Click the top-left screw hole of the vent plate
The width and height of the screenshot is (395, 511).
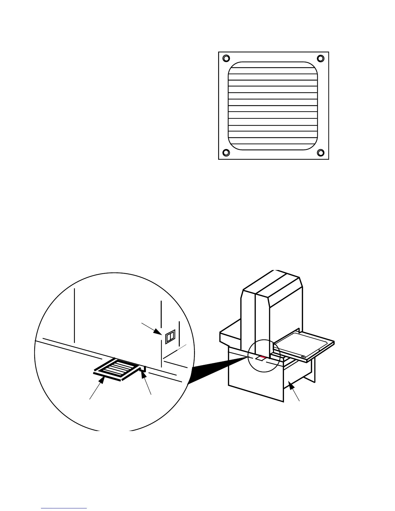[x=226, y=58]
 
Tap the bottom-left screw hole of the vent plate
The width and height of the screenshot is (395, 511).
[x=226, y=153]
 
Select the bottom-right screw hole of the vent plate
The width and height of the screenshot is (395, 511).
[x=320, y=153]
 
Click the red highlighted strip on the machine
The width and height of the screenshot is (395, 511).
[x=262, y=357]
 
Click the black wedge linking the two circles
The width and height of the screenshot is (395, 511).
[x=216, y=368]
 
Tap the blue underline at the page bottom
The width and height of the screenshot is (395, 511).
[x=64, y=508]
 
